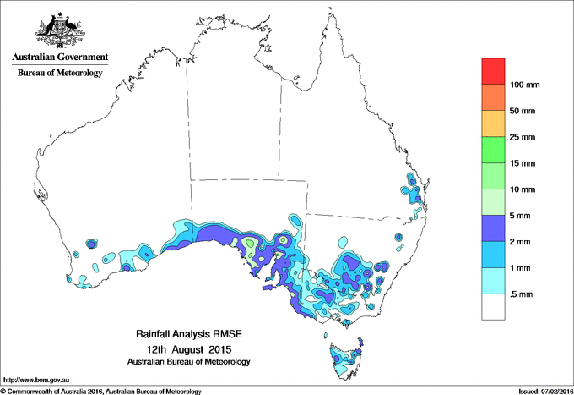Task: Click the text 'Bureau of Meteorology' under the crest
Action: point(59,74)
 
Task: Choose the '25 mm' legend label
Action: point(523,137)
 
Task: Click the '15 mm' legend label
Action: point(523,163)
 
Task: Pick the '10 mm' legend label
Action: point(523,189)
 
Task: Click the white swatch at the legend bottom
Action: point(493,307)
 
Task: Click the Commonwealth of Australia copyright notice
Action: point(101,391)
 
